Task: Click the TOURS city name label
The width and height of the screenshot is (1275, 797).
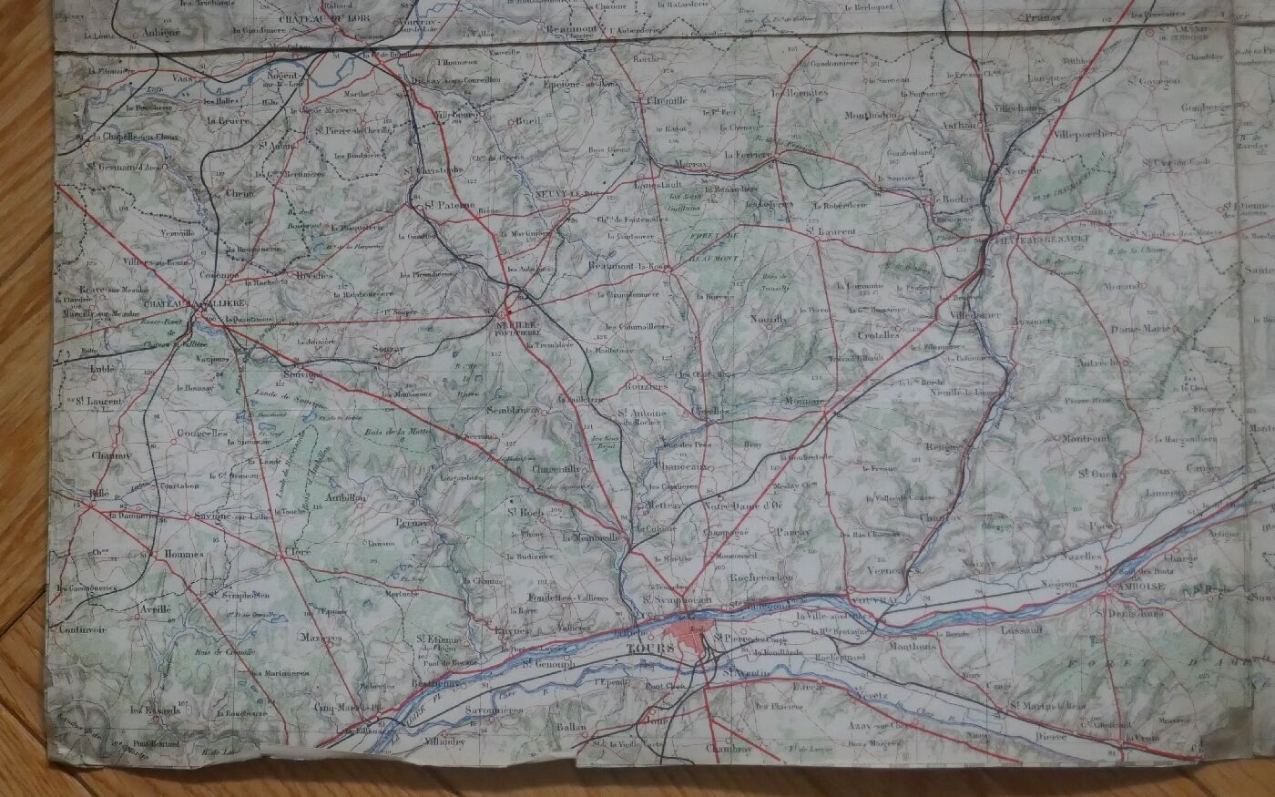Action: (650, 649)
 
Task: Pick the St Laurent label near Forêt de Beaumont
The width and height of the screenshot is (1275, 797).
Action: (831, 232)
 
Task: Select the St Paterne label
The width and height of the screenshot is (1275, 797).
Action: (450, 205)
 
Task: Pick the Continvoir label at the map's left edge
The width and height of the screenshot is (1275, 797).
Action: (81, 629)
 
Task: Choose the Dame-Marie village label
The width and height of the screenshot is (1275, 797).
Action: (1137, 329)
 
